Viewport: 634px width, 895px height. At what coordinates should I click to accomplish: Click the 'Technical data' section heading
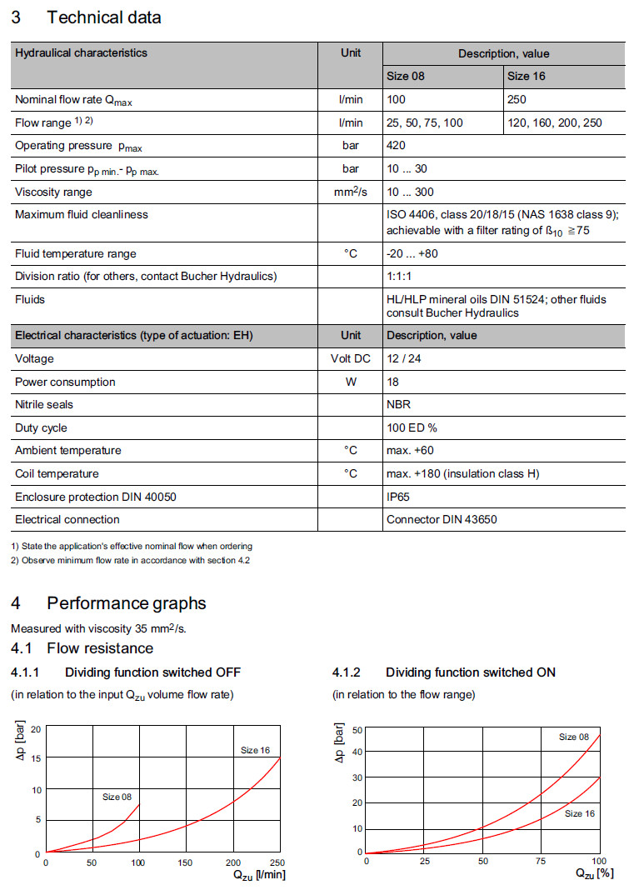[103, 17]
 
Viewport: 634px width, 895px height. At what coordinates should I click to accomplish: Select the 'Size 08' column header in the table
[406, 76]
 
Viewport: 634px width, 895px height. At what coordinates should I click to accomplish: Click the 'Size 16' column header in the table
[527, 76]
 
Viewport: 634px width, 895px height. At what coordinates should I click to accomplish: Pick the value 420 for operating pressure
[397, 145]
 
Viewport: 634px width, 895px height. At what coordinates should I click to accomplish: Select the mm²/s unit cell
[351, 192]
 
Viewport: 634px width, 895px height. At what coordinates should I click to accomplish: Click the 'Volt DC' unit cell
[351, 358]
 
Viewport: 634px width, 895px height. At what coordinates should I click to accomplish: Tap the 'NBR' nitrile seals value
[398, 404]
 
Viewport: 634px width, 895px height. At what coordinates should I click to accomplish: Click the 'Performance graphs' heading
[126, 603]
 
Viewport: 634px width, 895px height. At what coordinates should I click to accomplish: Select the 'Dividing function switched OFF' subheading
[152, 672]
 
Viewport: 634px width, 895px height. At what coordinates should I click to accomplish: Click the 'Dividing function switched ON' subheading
[470, 672]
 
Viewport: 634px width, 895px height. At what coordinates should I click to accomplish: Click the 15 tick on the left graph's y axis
[36, 758]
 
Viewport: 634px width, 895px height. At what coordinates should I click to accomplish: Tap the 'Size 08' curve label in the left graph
[117, 797]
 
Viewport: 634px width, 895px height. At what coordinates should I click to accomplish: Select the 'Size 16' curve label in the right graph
[579, 813]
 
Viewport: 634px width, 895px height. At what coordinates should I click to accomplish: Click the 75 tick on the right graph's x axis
[541, 861]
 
